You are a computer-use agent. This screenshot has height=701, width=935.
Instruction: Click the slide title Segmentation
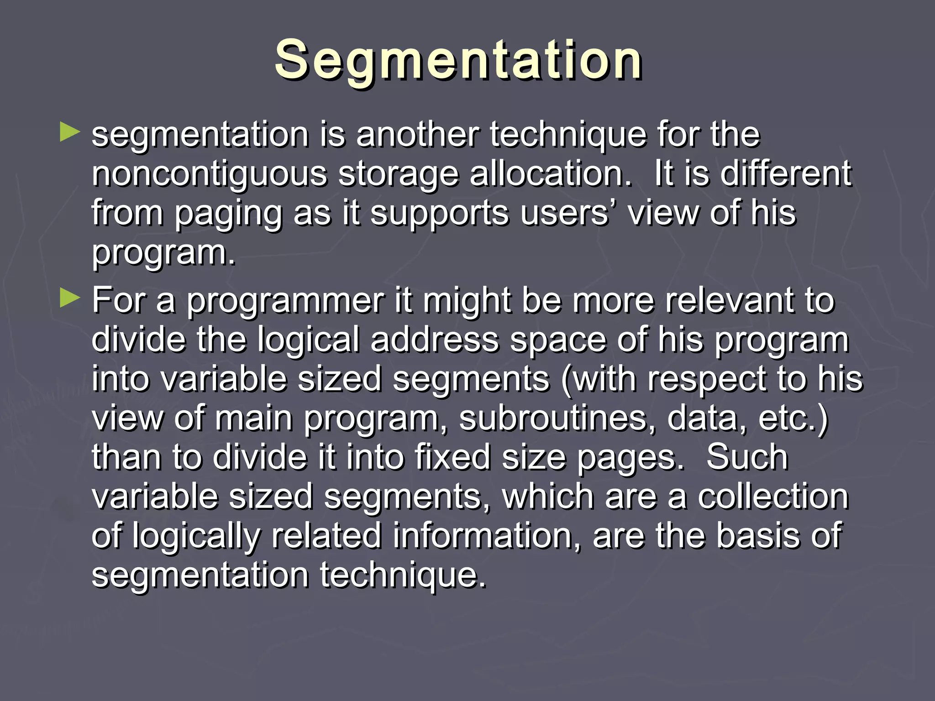click(x=458, y=60)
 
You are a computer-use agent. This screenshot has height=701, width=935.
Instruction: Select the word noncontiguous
click(x=209, y=175)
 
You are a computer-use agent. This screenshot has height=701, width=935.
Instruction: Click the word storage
click(x=398, y=175)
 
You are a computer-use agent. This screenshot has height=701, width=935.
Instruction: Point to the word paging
click(x=228, y=214)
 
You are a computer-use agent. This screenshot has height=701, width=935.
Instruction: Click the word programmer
click(x=285, y=301)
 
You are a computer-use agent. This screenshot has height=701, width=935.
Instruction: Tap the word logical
click(x=308, y=340)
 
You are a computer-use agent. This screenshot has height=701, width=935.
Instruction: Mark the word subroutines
click(x=557, y=418)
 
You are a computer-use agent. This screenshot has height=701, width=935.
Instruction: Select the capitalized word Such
click(x=747, y=457)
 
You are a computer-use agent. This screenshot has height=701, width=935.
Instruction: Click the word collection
click(x=773, y=497)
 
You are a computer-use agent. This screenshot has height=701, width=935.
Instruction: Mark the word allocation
click(x=551, y=174)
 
